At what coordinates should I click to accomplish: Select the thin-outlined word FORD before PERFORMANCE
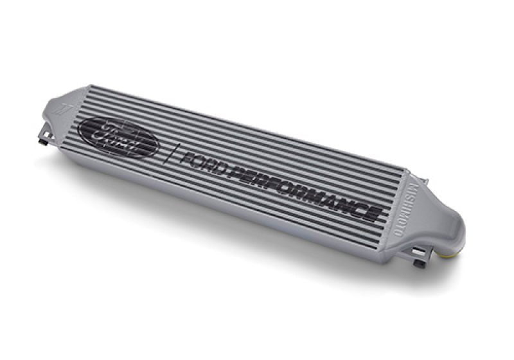point(204,162)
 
